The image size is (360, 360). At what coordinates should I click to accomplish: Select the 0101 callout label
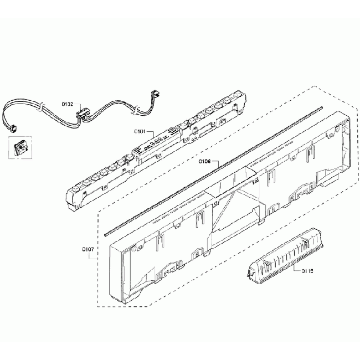click(x=139, y=132)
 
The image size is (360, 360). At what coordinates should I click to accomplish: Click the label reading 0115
click(x=308, y=271)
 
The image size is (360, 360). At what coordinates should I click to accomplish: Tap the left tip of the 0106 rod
click(x=106, y=228)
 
